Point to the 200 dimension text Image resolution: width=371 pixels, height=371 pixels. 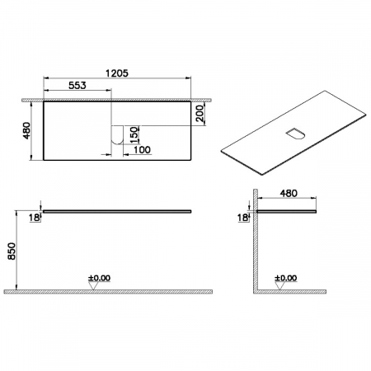[x=200, y=114]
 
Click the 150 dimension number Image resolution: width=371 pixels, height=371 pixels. [x=134, y=134]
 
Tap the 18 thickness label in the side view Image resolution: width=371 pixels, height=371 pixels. [x=242, y=217]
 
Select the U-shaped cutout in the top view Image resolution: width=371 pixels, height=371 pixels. [x=117, y=134]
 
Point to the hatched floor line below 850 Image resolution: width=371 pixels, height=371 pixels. [x=107, y=291]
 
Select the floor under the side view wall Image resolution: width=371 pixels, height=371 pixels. [x=297, y=291]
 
